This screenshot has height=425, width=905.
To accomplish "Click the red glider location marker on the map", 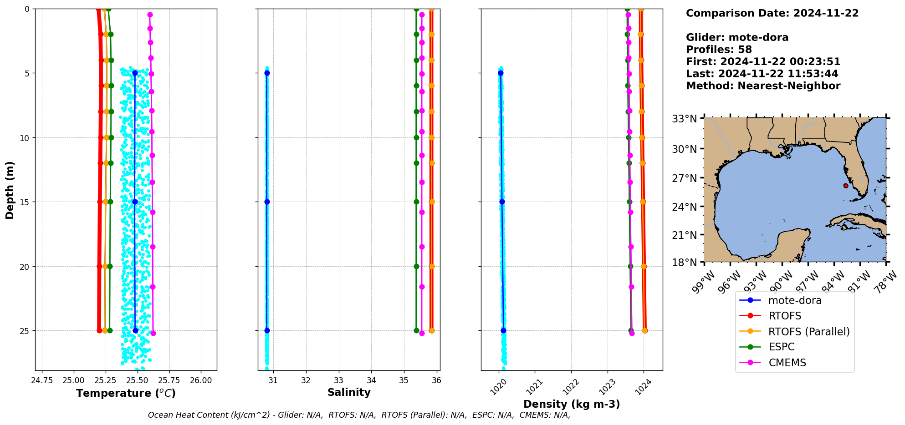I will click(x=846, y=186).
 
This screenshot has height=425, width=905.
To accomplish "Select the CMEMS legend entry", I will click(x=787, y=363).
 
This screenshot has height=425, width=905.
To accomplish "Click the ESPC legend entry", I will click(x=781, y=347).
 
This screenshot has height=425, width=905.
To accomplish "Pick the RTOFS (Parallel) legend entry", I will click(x=809, y=332).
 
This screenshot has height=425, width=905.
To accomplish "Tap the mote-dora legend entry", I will click(x=795, y=300).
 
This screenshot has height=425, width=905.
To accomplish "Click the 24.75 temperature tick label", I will click(x=41, y=380).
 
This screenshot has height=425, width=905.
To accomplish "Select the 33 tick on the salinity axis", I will click(x=338, y=380).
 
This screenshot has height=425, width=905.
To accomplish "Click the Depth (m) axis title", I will click(x=10, y=190).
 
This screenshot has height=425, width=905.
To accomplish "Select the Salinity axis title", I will click(x=349, y=393).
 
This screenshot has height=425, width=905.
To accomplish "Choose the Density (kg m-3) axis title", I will click(x=572, y=404).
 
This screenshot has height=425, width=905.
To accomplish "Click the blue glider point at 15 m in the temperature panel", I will click(x=135, y=202).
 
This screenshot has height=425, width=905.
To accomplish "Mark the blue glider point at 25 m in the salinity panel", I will click(x=267, y=331).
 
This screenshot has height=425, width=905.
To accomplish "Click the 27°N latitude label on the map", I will click(x=685, y=178).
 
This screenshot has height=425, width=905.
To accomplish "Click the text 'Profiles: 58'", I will click(x=719, y=50).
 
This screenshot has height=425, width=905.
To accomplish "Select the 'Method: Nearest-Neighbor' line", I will click(x=763, y=86).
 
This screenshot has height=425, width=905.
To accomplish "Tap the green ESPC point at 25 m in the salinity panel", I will click(x=416, y=331).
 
